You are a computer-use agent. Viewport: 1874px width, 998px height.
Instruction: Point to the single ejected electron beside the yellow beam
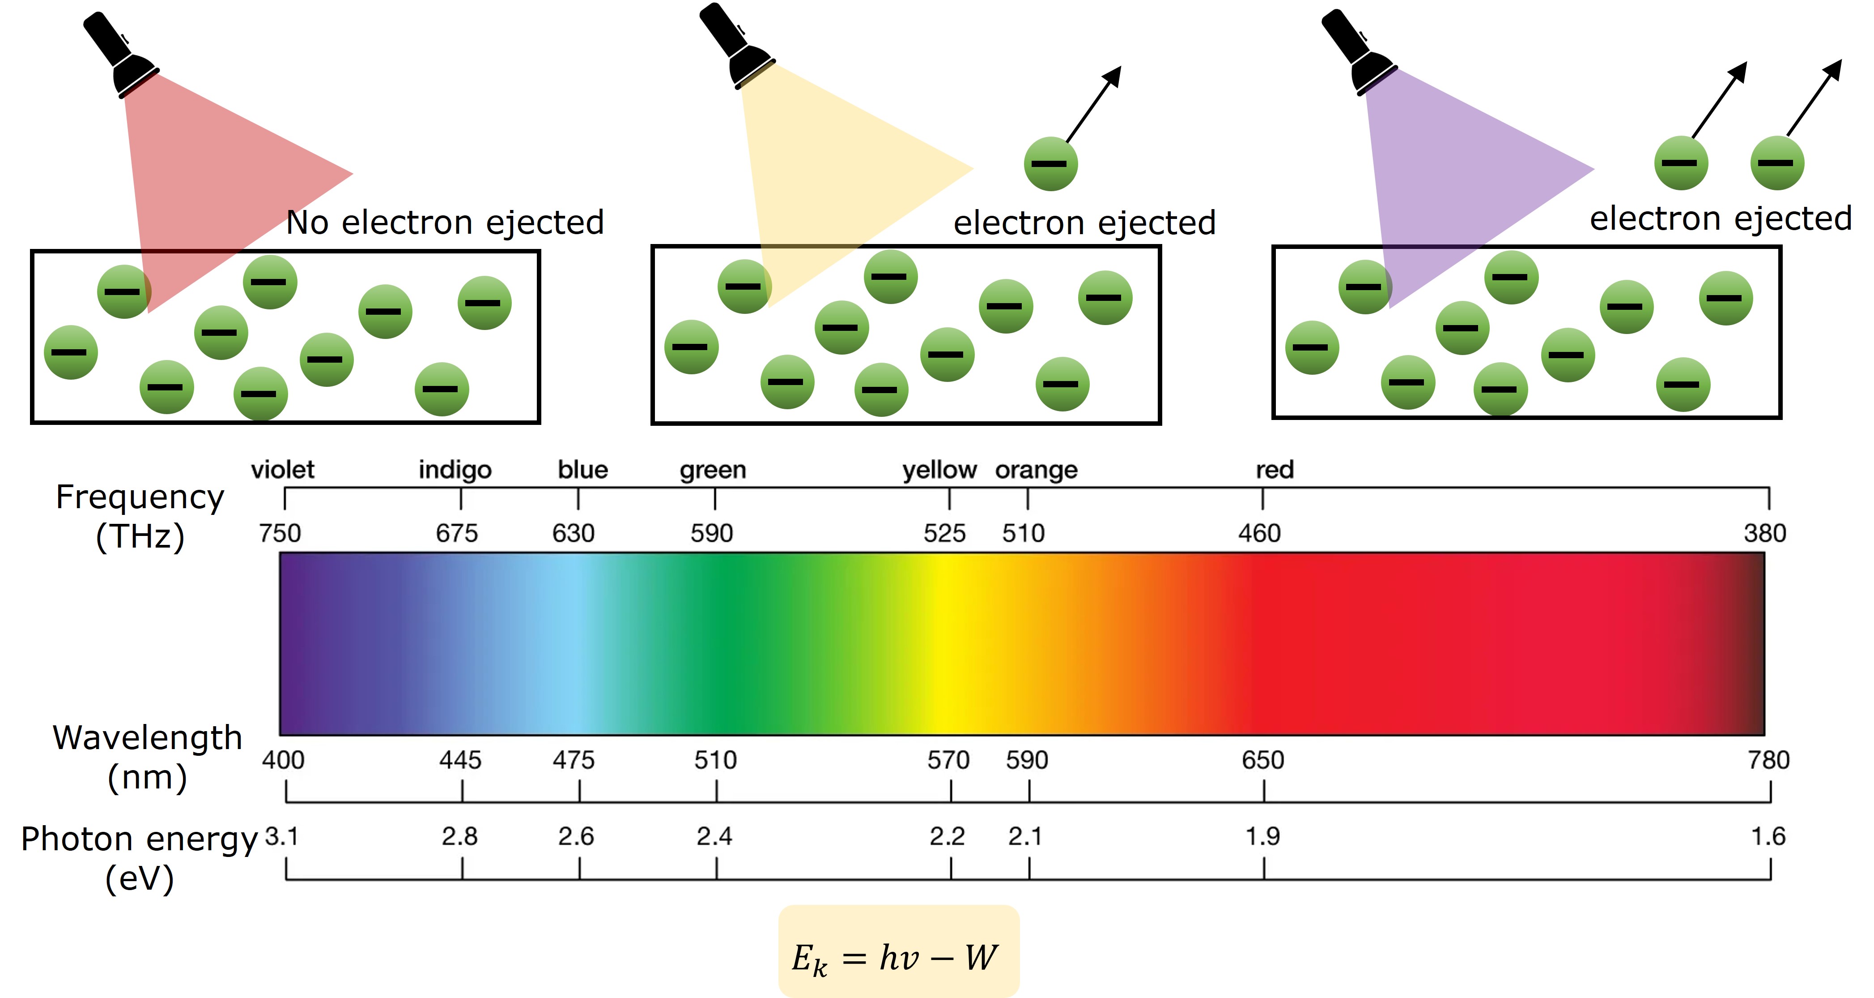[1050, 164]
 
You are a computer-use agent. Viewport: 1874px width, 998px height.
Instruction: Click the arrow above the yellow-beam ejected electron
[1094, 103]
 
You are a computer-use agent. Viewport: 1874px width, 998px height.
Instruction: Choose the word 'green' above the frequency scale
[713, 470]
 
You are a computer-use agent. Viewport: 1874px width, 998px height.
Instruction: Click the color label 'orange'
[1036, 470]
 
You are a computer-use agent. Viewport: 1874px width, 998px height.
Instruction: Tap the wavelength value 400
[283, 760]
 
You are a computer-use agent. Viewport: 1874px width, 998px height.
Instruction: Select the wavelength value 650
[1263, 760]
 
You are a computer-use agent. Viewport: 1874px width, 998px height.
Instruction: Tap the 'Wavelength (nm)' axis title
[147, 757]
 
